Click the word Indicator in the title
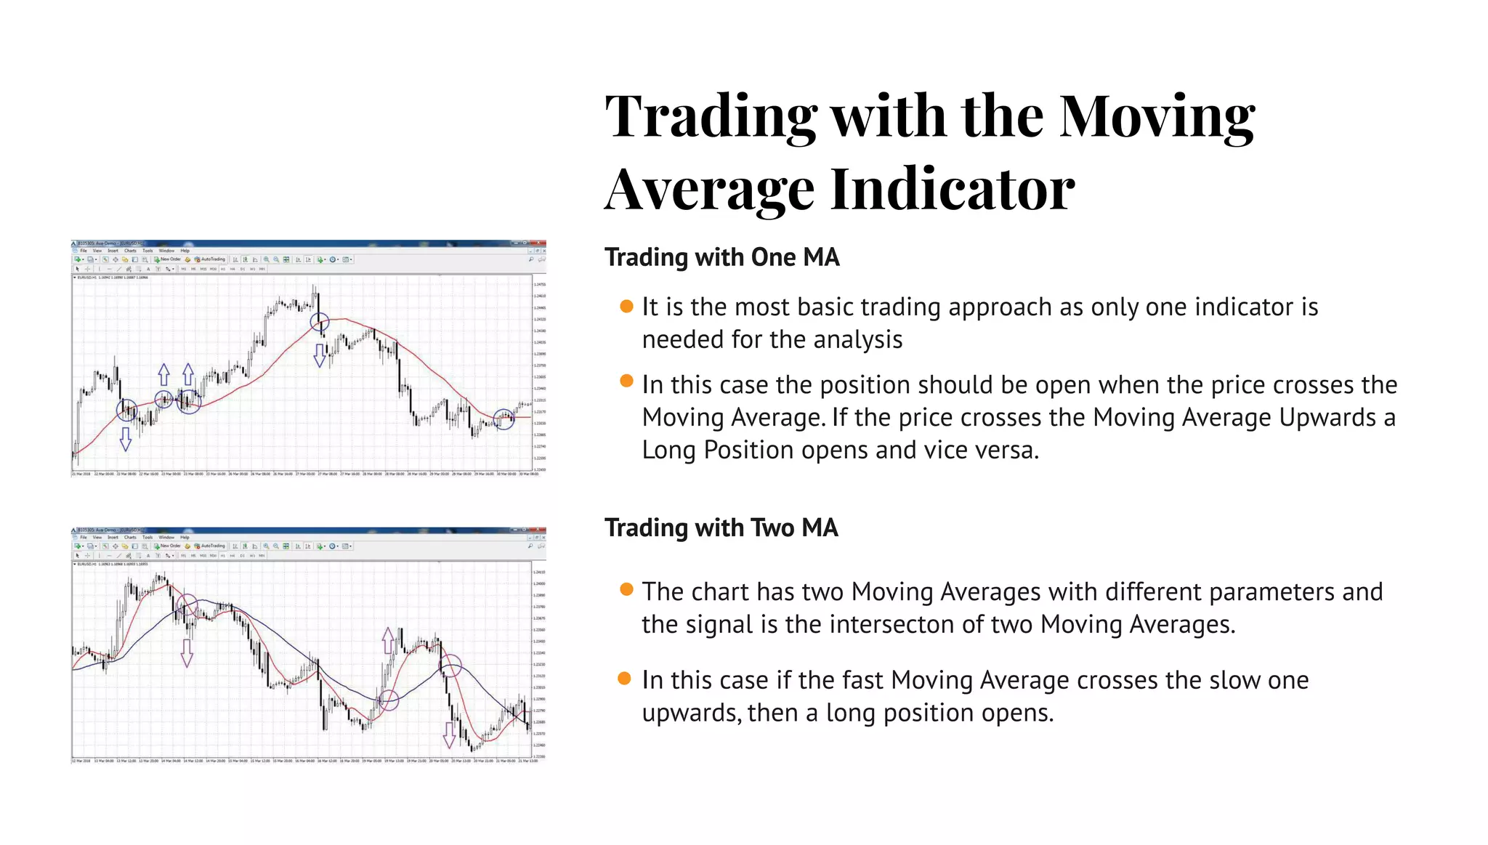(952, 189)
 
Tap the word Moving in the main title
(1157, 116)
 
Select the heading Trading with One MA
(721, 257)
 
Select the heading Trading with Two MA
(721, 527)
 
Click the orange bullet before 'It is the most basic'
(626, 306)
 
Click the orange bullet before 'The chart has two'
(626, 589)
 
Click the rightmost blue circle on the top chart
(504, 419)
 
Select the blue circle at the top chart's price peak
(320, 322)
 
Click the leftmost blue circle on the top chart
(127, 411)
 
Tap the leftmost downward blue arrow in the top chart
(126, 439)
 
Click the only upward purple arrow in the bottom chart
(388, 640)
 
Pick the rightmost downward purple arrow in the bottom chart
(449, 735)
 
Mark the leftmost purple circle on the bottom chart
(187, 605)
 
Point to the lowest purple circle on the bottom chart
(389, 700)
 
